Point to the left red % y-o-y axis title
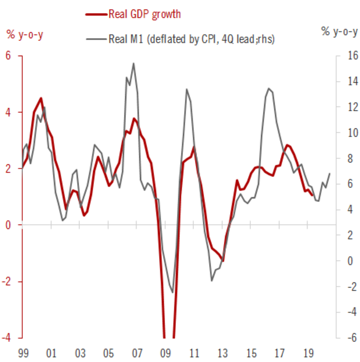point(25,34)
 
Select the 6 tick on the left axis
point(8,56)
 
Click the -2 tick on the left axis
point(7,281)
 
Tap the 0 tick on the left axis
point(8,225)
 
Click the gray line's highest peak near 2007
point(133,64)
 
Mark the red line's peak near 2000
point(41,98)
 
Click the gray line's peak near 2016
point(269,89)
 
